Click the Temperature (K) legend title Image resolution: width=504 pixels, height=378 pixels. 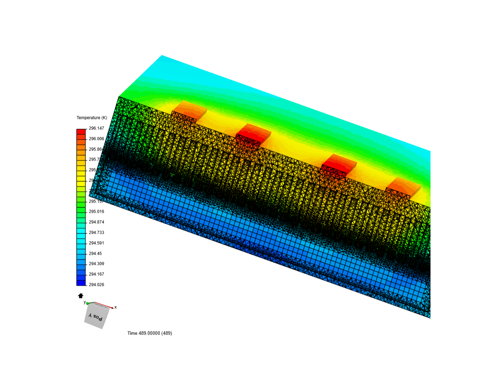pyautogui.click(x=92, y=118)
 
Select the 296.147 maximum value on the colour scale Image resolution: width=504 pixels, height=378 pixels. pyautogui.click(x=96, y=128)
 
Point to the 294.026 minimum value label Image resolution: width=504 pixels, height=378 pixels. pyautogui.click(x=96, y=285)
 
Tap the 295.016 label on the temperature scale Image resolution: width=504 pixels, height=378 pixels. pyautogui.click(x=96, y=211)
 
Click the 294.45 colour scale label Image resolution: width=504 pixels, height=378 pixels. pyautogui.click(x=95, y=253)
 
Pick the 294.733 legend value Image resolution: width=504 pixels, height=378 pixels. pyautogui.click(x=96, y=232)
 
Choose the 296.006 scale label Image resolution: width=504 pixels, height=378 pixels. pyautogui.click(x=96, y=139)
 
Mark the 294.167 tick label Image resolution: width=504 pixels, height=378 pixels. pyautogui.click(x=96, y=274)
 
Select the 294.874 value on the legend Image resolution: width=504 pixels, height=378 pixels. pyautogui.click(x=96, y=222)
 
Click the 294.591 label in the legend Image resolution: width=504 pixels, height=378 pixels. pyautogui.click(x=96, y=243)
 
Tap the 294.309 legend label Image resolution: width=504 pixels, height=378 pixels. pyautogui.click(x=96, y=264)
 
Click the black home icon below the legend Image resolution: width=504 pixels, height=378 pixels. pyautogui.click(x=80, y=295)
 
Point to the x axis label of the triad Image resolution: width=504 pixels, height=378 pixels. pyautogui.click(x=115, y=307)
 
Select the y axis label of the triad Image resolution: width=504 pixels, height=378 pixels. pyautogui.click(x=85, y=302)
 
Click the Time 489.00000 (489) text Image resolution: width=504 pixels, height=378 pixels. pyautogui.click(x=149, y=333)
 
